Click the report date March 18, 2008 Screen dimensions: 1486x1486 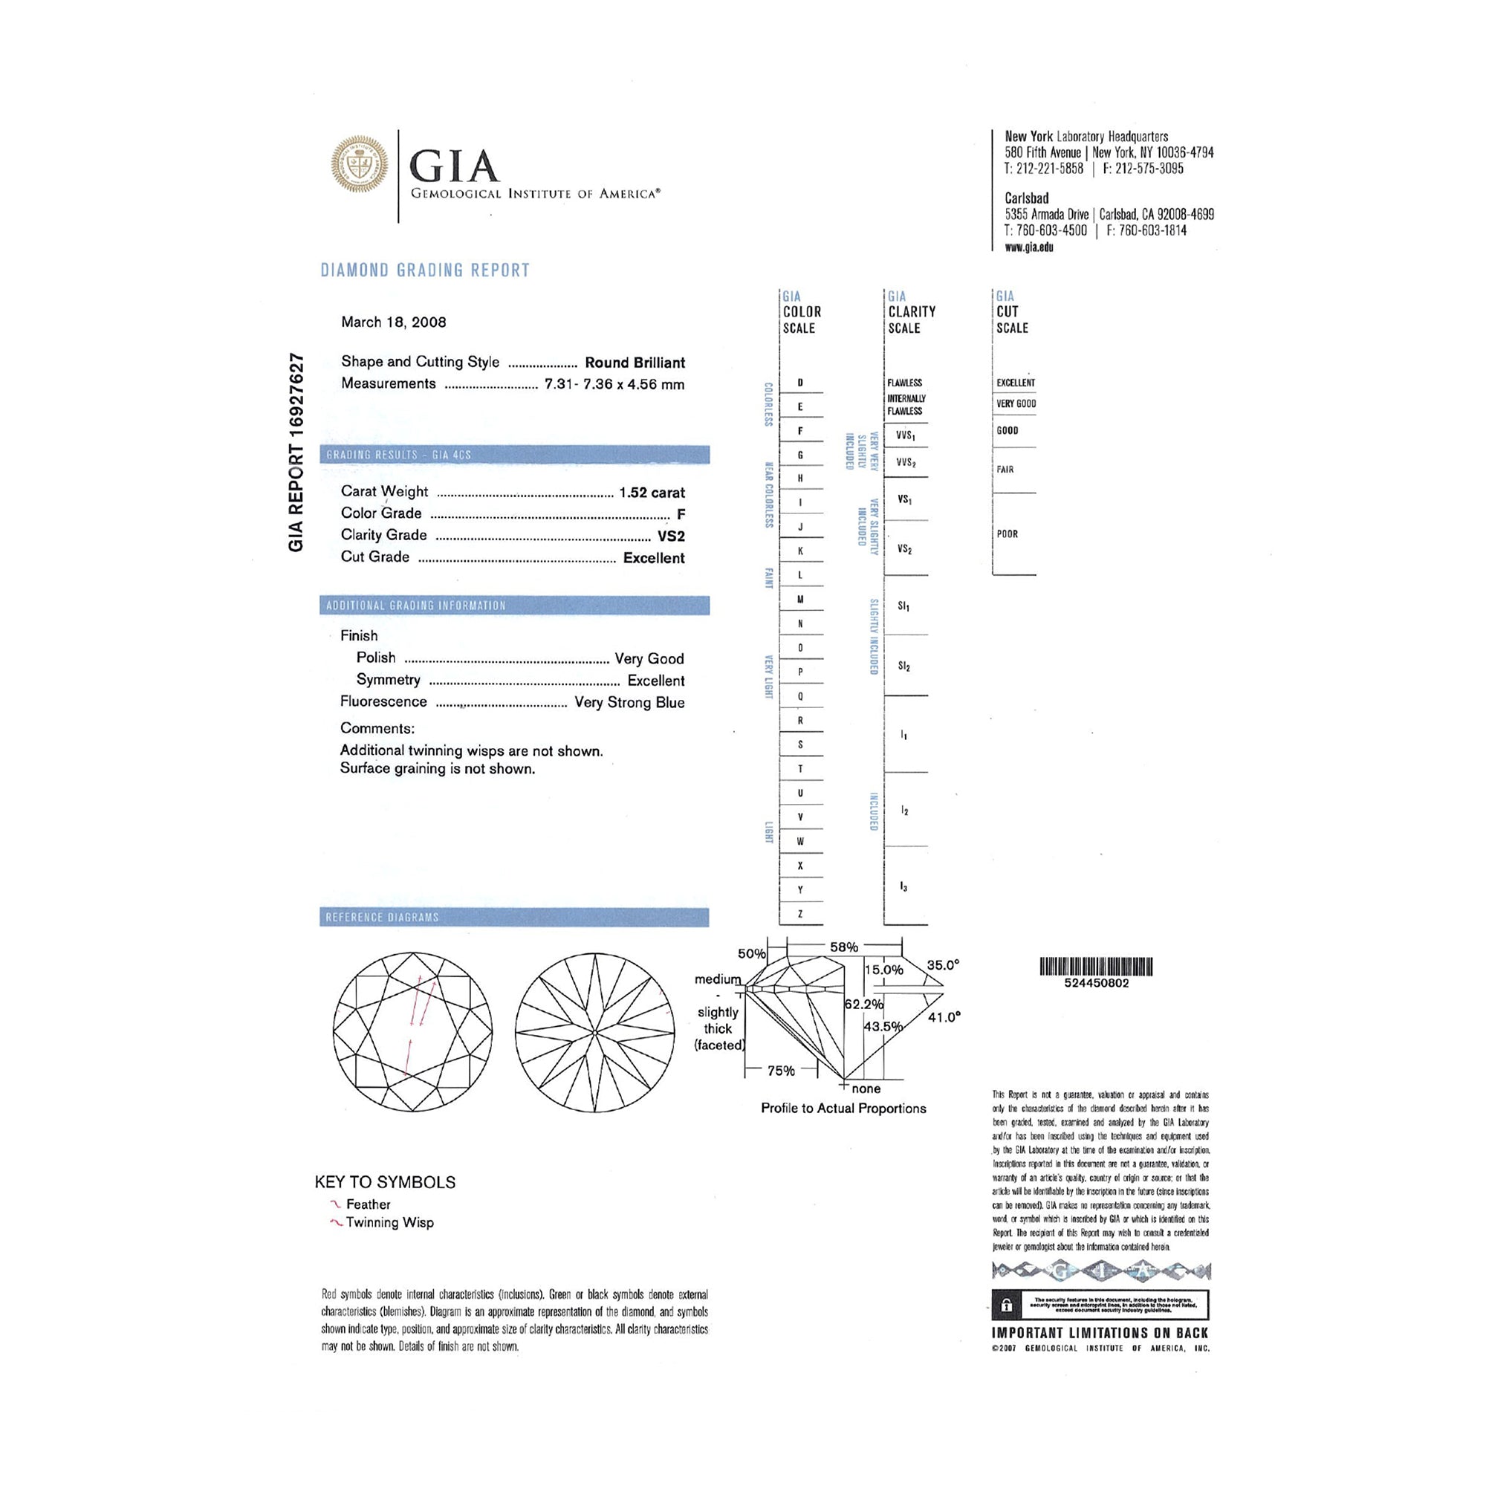point(393,322)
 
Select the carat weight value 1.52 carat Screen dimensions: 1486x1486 point(652,493)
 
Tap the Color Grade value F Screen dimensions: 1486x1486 point(681,514)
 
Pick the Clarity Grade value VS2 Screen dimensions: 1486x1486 point(671,536)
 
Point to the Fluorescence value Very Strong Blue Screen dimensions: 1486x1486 point(629,702)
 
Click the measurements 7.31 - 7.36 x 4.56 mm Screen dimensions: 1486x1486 point(614,384)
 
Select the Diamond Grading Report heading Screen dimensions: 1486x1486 point(424,270)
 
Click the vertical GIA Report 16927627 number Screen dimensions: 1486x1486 point(296,452)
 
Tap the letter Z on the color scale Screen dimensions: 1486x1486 point(800,915)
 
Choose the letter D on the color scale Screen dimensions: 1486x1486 point(800,382)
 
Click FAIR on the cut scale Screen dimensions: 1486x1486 point(1005,469)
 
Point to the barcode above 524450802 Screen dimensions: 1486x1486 point(1096,967)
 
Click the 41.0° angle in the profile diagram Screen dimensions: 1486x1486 point(944,1018)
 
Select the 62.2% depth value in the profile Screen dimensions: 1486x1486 point(864,1005)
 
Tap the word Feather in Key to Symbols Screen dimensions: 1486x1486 point(368,1204)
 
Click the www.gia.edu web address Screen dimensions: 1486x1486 point(1028,247)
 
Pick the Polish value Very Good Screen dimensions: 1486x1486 point(649,658)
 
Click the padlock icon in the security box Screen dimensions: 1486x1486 point(1006,1306)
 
